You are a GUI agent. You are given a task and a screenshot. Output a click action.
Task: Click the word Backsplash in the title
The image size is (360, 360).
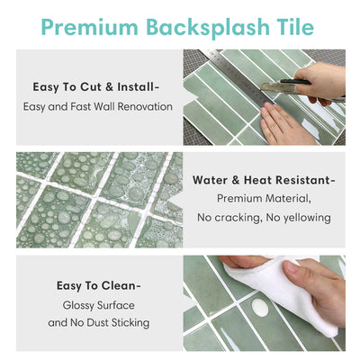pos(204,27)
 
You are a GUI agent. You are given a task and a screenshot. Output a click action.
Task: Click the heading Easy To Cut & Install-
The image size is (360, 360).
pos(97,87)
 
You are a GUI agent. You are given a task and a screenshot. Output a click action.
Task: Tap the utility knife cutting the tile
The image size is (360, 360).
pos(288,87)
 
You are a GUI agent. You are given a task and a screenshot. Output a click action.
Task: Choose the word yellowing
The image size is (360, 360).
pos(305,217)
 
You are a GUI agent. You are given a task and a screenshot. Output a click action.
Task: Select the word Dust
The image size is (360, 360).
pos(98,322)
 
